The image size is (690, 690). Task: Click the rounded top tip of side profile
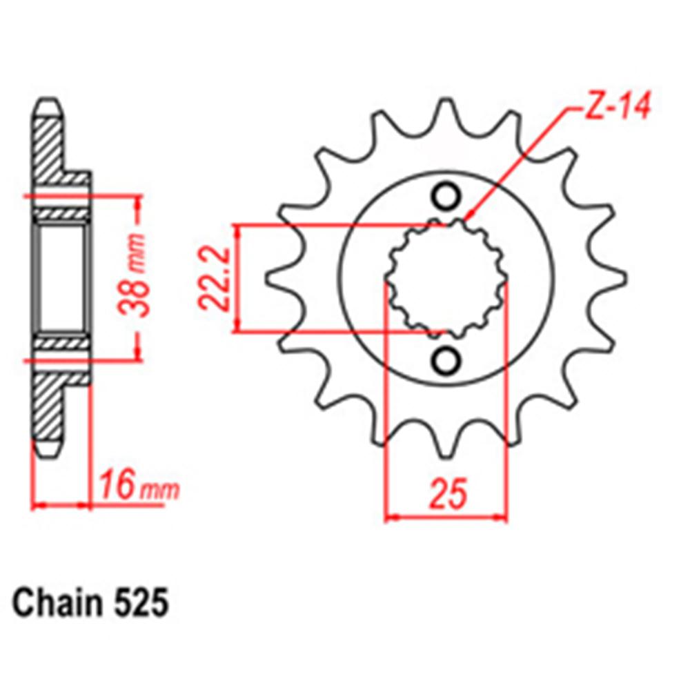(46, 107)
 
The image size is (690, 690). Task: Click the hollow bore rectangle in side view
(61, 278)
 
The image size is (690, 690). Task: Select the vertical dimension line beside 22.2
(238, 278)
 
